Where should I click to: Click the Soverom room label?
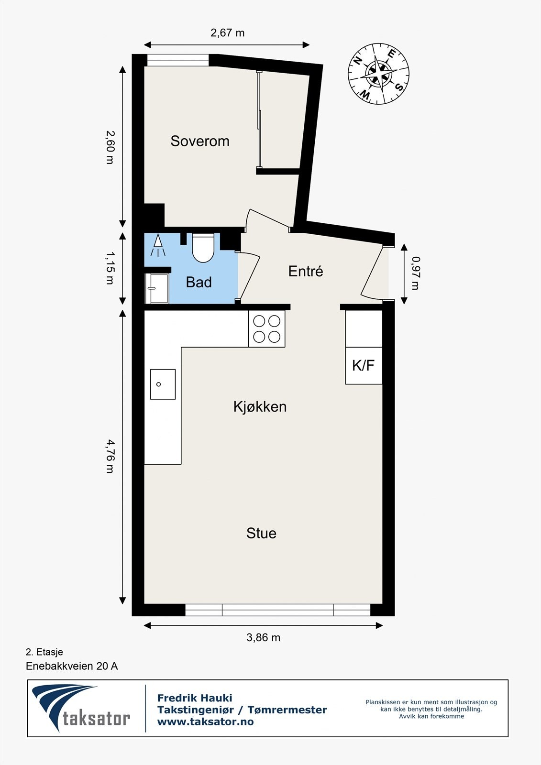point(200,141)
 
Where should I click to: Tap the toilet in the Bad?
point(203,247)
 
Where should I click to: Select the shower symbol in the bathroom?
point(158,246)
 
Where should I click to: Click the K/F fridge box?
point(364,366)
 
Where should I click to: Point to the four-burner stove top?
point(266,328)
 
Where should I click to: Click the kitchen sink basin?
point(163,384)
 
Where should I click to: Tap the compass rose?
point(378,74)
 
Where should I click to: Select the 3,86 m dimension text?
point(263,637)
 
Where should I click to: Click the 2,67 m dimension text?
point(227,33)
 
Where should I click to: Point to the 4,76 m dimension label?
point(110,457)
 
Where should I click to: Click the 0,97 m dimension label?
point(415,273)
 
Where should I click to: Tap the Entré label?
point(306,271)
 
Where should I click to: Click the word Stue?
point(261,533)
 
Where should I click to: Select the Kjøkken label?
point(260,406)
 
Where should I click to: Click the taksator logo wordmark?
point(96,718)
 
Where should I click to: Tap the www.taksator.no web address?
point(205,722)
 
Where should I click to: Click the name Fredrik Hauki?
point(195,698)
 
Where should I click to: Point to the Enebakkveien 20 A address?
point(72,666)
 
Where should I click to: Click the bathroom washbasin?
point(156,288)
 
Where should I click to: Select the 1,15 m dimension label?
point(110,269)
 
